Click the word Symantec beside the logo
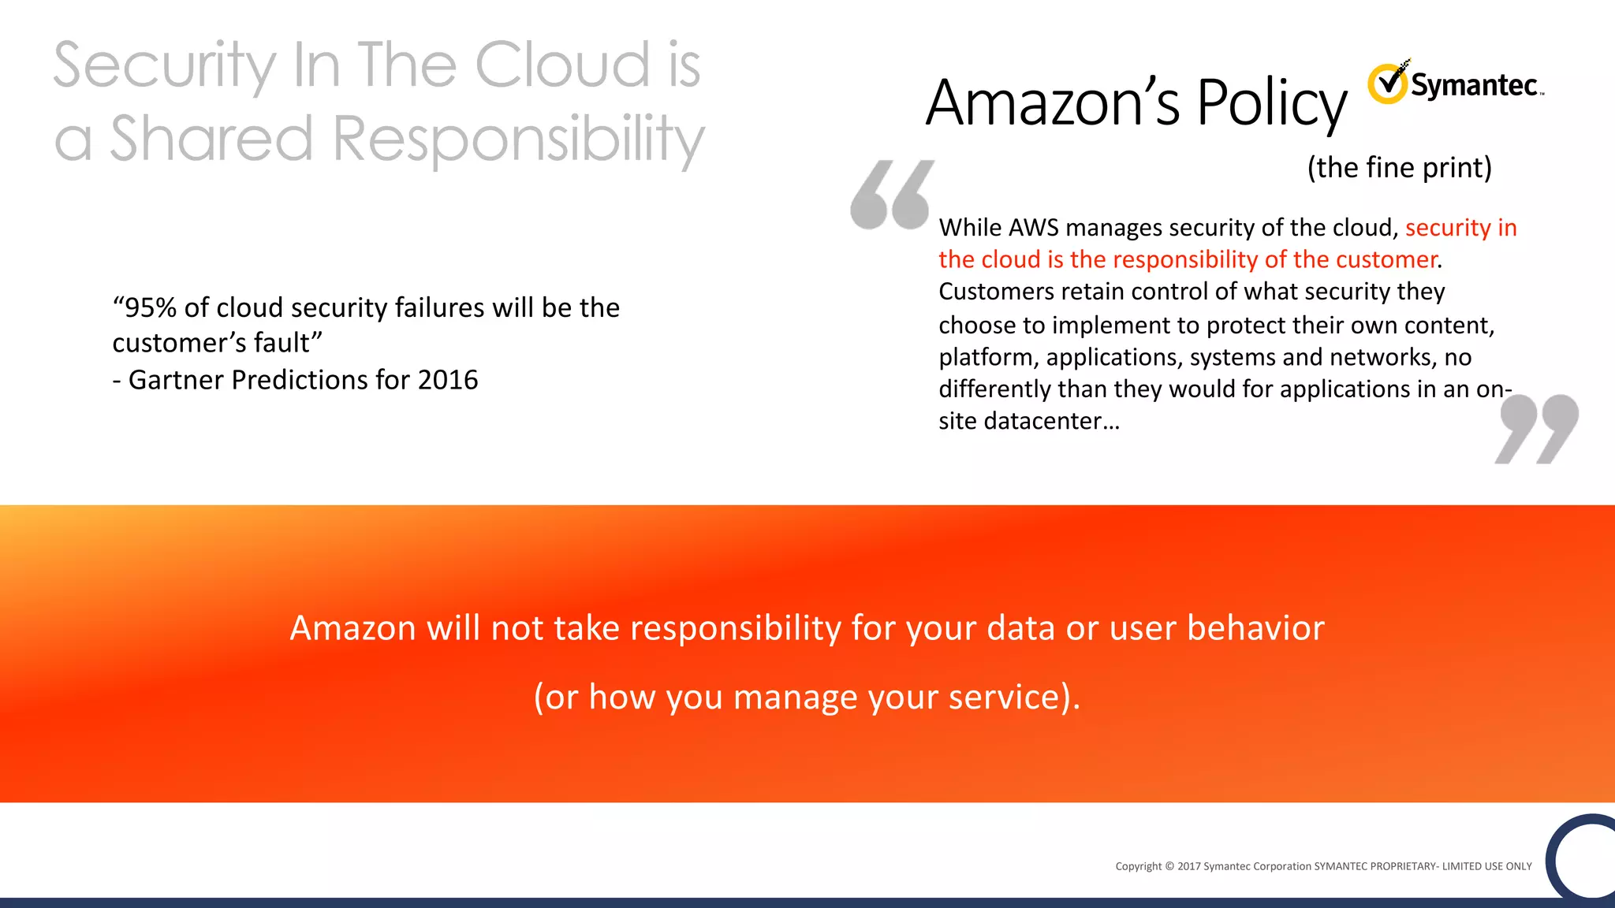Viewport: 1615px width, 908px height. [1473, 85]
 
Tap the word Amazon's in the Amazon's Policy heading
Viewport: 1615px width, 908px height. [1052, 103]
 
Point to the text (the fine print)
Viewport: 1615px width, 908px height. [1399, 168]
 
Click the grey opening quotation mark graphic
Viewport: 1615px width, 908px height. [891, 195]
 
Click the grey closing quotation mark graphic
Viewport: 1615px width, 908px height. [1536, 429]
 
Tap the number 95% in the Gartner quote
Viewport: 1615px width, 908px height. [151, 308]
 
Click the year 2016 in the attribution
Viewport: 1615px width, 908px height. [448, 380]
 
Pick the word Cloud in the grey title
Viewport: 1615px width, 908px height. [562, 65]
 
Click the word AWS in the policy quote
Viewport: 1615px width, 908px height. [1033, 228]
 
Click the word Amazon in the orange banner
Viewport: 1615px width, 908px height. [352, 628]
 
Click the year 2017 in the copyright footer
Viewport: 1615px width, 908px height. [1188, 866]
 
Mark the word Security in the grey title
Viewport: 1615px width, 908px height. [165, 67]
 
